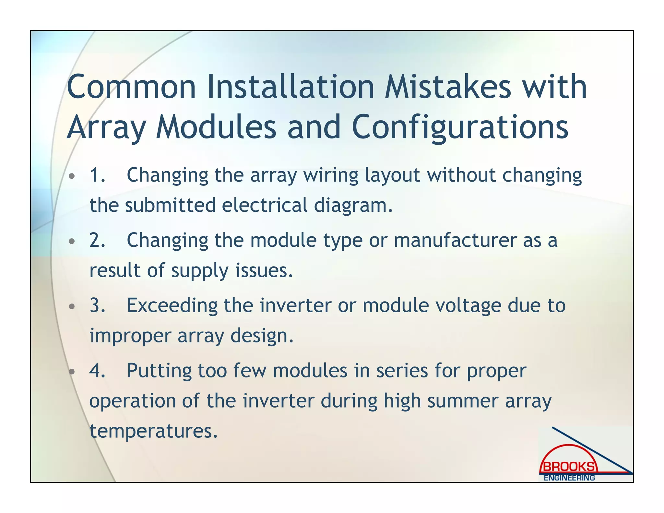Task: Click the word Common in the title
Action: (131, 87)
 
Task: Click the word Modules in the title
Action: (216, 127)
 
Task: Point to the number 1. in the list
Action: (97, 175)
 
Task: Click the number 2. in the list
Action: (97, 240)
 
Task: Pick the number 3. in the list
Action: (97, 305)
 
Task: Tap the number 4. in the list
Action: (97, 371)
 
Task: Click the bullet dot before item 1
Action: (72, 176)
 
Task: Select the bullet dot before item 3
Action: (72, 307)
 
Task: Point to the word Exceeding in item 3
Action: (172, 306)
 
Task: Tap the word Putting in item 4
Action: (159, 371)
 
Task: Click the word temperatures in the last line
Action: (153, 431)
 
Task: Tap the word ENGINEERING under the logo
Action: (569, 478)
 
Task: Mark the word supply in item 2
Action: (200, 271)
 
